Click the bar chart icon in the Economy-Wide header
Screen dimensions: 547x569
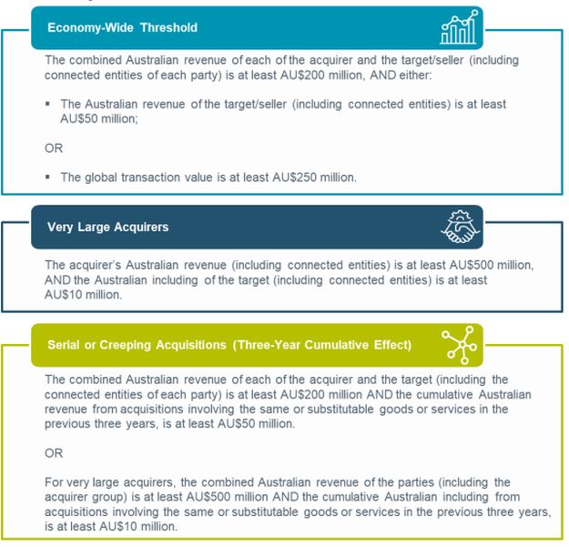coord(456,27)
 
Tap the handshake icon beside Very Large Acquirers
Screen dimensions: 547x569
coord(458,227)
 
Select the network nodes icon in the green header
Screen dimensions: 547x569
coord(458,345)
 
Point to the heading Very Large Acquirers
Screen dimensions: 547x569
coord(107,227)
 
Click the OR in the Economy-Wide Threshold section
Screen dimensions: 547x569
coord(55,147)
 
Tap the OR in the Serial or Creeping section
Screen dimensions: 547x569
coord(55,452)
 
